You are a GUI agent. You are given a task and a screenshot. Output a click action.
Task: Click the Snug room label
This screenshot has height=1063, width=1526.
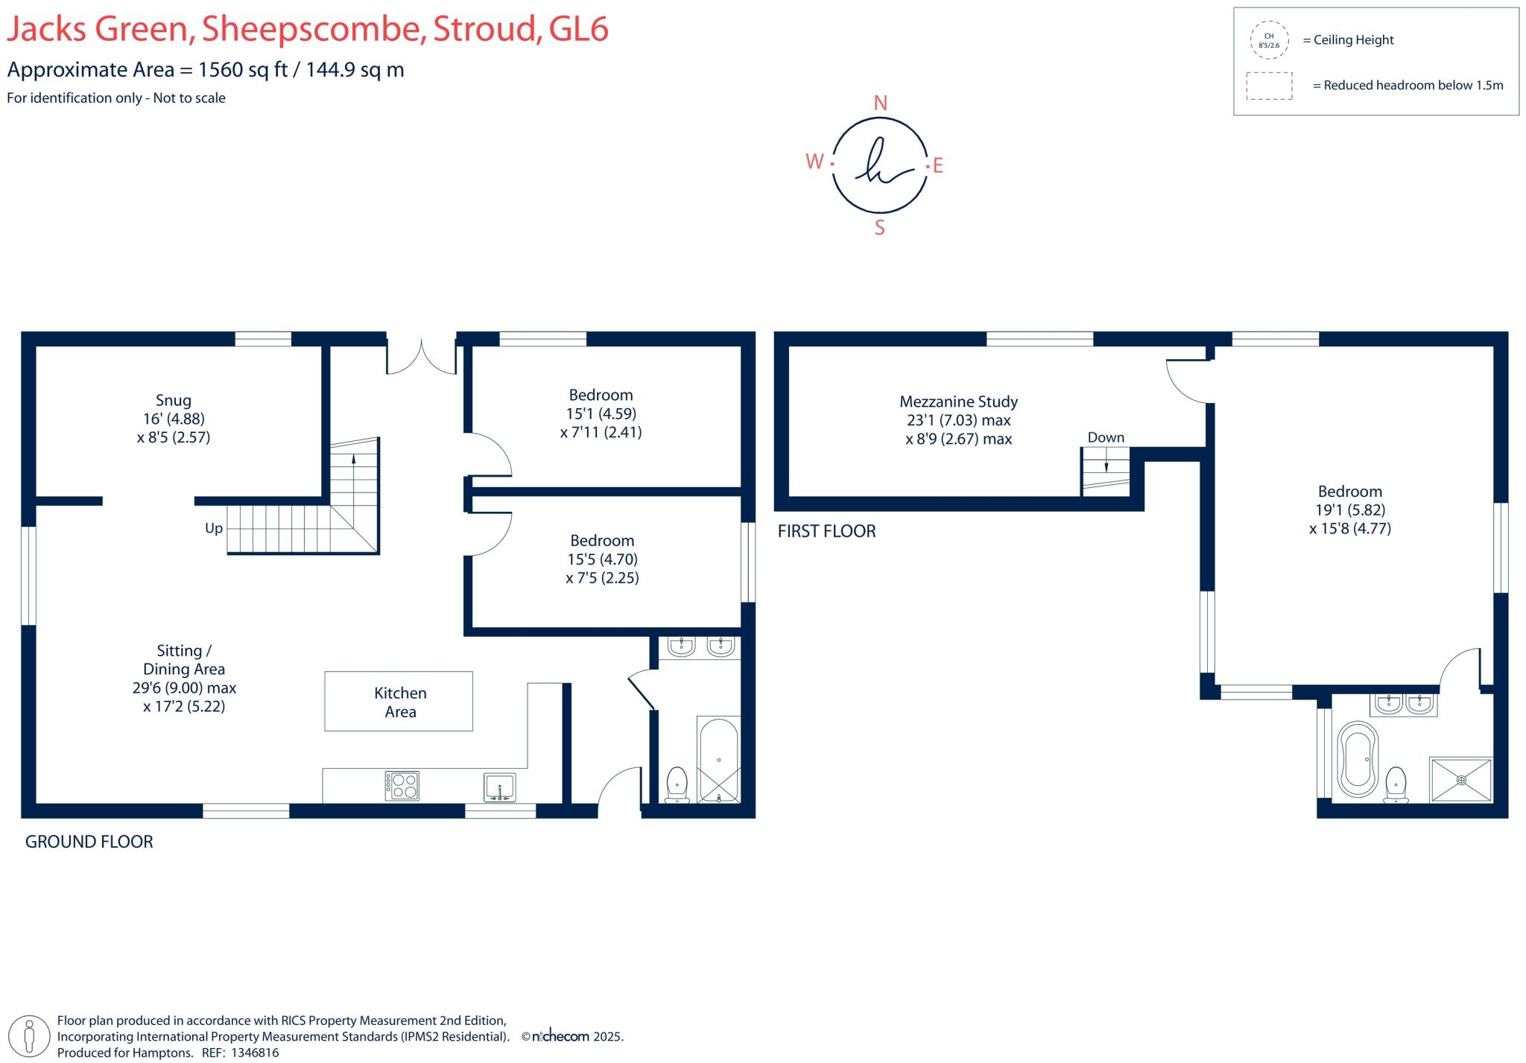pyautogui.click(x=173, y=401)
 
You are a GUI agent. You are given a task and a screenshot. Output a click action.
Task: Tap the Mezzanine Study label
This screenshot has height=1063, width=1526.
pyautogui.click(x=958, y=402)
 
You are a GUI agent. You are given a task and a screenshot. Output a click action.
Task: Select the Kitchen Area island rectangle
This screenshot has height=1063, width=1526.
pyautogui.click(x=399, y=701)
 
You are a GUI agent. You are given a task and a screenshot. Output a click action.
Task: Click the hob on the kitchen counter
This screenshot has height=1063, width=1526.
pyautogui.click(x=402, y=786)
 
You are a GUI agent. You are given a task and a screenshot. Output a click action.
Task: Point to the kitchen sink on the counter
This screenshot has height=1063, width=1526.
pyautogui.click(x=499, y=787)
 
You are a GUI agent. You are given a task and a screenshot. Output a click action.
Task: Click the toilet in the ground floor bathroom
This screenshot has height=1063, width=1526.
pyautogui.click(x=677, y=784)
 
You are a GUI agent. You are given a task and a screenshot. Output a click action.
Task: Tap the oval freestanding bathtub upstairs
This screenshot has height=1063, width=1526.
pyautogui.click(x=1358, y=759)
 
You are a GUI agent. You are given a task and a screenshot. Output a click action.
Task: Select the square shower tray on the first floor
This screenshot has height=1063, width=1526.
pyautogui.click(x=1460, y=780)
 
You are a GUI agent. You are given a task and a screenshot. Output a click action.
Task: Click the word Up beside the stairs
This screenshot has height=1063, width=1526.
pyautogui.click(x=214, y=528)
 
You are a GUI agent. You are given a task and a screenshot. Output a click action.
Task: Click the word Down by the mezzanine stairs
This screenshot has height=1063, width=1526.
pyautogui.click(x=1106, y=438)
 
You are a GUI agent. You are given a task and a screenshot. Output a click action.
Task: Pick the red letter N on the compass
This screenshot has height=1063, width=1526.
pyautogui.click(x=880, y=104)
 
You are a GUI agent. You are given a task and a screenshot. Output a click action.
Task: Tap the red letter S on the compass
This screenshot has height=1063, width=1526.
pyautogui.click(x=879, y=228)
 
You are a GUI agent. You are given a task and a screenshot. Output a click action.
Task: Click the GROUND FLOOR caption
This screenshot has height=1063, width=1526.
pyautogui.click(x=89, y=842)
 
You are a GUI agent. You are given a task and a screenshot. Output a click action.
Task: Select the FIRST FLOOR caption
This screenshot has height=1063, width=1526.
pyautogui.click(x=826, y=531)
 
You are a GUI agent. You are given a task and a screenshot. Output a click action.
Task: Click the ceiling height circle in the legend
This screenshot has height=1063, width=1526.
pyautogui.click(x=1269, y=40)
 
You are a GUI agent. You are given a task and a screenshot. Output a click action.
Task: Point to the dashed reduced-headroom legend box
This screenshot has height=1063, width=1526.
pyautogui.click(x=1269, y=86)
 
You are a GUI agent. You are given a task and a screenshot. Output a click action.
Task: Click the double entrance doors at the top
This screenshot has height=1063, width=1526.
pyautogui.click(x=421, y=357)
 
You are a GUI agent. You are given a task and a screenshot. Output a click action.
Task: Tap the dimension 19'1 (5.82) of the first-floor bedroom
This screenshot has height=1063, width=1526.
pyautogui.click(x=1350, y=510)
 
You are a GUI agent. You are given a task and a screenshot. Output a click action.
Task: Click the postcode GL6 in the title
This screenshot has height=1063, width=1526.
pyautogui.click(x=578, y=29)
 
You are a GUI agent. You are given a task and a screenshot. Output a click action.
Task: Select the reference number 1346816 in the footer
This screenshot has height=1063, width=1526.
pyautogui.click(x=255, y=1053)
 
